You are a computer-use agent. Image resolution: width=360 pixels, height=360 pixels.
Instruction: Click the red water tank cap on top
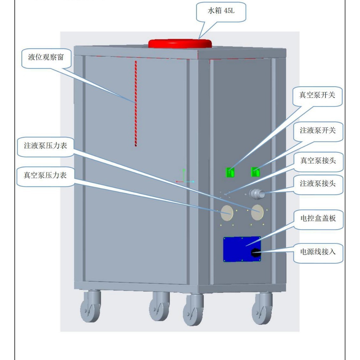(x=180, y=44)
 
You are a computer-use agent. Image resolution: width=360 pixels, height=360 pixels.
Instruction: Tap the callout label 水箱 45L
(x=221, y=11)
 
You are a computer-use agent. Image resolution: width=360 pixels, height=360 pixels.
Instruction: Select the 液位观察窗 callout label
(x=46, y=57)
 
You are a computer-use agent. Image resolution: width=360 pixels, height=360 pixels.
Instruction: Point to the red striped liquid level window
(x=136, y=103)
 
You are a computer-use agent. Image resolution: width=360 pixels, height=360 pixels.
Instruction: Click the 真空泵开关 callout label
(x=317, y=95)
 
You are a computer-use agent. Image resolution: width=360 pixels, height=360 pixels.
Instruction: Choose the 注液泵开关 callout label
(x=318, y=131)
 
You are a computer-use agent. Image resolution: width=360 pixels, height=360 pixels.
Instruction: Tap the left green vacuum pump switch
(x=230, y=172)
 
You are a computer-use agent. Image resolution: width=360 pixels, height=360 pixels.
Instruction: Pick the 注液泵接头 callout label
(x=318, y=184)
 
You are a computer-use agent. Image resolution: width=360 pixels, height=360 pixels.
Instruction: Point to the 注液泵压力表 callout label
(x=46, y=146)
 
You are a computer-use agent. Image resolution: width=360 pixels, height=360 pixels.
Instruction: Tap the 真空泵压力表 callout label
(x=45, y=175)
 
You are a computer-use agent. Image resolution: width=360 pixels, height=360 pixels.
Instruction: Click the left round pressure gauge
(x=227, y=213)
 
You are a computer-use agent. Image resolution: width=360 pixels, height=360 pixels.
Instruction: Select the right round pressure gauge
(x=257, y=213)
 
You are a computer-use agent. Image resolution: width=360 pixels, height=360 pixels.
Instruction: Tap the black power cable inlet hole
(x=255, y=253)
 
